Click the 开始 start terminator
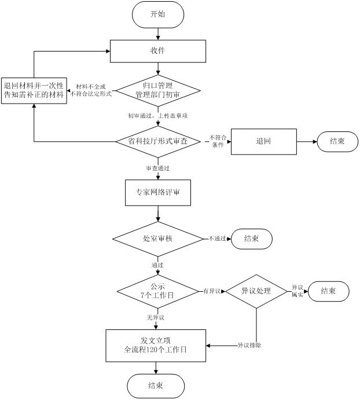(157, 14)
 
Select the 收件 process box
(157, 51)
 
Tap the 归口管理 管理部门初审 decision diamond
(157, 90)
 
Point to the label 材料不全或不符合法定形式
(90, 90)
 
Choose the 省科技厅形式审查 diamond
(157, 141)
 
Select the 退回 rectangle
(263, 141)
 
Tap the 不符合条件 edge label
(218, 141)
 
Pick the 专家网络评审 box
(157, 192)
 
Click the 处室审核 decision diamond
(157, 238)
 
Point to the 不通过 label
(218, 238)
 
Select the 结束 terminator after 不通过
(251, 238)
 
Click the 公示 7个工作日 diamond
(157, 291)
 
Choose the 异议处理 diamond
(256, 291)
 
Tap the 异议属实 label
(297, 291)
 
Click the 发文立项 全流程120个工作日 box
(156, 346)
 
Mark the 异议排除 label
(249, 346)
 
